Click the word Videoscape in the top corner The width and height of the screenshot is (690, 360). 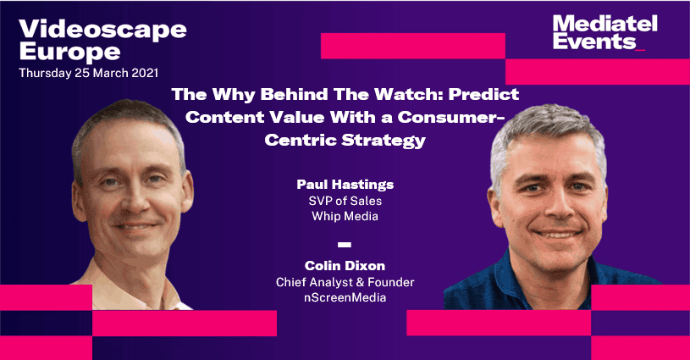pos(102,30)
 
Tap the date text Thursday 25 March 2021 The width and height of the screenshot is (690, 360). pos(88,73)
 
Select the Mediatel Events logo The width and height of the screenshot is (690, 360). pos(604,32)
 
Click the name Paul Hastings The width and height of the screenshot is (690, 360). pos(345,185)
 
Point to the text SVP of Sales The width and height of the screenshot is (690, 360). pos(345,201)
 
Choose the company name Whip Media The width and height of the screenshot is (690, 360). pos(345,216)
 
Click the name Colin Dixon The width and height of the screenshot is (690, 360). pos(345,266)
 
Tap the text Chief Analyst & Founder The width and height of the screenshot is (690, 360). pos(345,282)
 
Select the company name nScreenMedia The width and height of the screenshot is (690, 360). pos(345,297)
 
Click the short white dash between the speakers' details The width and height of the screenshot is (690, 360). pos(345,245)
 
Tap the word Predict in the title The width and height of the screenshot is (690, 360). pos(483,94)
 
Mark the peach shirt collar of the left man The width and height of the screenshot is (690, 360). pos(136,286)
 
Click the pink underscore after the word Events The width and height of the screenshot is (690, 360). pos(640,50)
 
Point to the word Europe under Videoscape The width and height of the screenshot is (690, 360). pos(69,53)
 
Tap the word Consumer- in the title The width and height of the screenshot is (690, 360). pos(451,117)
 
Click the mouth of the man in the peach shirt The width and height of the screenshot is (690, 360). pos(135,227)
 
